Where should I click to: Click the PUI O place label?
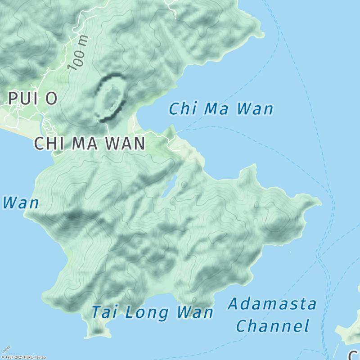[32, 98]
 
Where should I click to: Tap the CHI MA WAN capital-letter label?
[90, 144]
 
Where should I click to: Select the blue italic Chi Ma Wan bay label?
[221, 109]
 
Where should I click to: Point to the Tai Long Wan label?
[152, 312]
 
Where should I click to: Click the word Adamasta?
[272, 304]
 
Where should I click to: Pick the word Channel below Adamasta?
[273, 326]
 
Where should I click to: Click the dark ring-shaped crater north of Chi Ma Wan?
[110, 98]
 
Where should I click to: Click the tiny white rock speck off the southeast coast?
[290, 252]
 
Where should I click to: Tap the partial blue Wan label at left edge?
[20, 203]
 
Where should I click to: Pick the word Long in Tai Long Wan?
[151, 312]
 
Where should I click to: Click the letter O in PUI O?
[50, 98]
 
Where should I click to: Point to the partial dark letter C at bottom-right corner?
[354, 355]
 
